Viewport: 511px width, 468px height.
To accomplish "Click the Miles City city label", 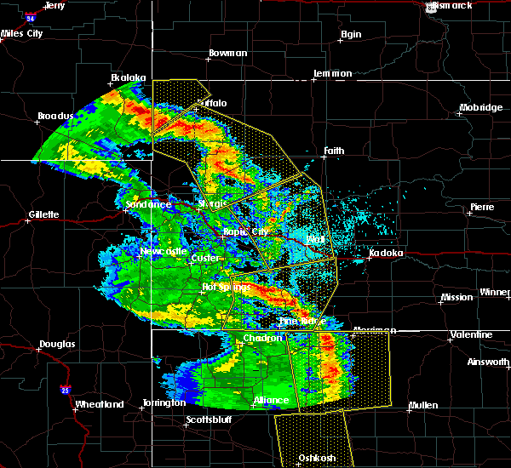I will [22, 33].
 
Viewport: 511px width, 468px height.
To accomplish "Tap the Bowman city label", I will [227, 54].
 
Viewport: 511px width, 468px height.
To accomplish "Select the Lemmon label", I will [332, 73].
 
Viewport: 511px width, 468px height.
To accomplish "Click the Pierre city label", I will [482, 207].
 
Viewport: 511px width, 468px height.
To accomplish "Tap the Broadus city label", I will [56, 116].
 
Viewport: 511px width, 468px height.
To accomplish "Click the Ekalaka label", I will [128, 77].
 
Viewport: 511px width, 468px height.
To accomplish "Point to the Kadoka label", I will [385, 254].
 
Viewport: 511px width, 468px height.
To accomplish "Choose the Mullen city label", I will [423, 404].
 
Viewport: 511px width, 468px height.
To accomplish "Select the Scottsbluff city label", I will [209, 420].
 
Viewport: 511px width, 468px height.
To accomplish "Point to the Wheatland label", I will [100, 404].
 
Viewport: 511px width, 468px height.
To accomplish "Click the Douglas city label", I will [57, 345].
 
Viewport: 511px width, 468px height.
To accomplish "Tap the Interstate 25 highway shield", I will [66, 391].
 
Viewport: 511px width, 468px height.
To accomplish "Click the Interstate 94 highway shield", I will [30, 17].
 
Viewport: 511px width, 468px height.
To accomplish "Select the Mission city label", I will [456, 297].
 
